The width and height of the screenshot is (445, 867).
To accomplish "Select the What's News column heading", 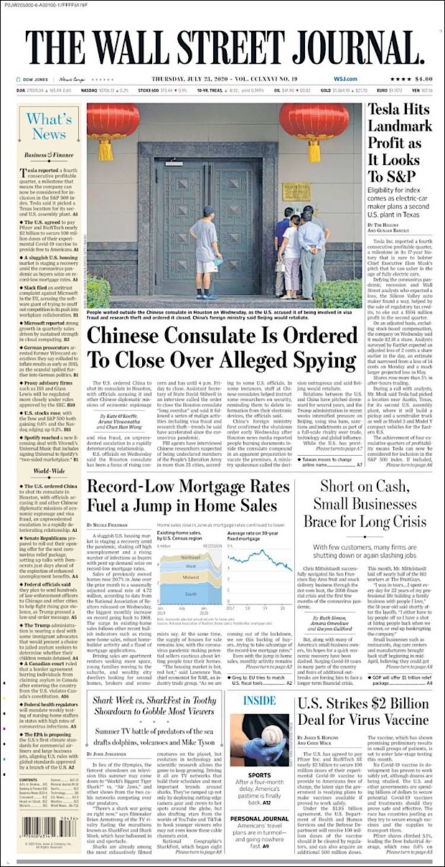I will pyautogui.click(x=48, y=126).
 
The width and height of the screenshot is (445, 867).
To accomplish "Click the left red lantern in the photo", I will pyautogui.click(x=113, y=123).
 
